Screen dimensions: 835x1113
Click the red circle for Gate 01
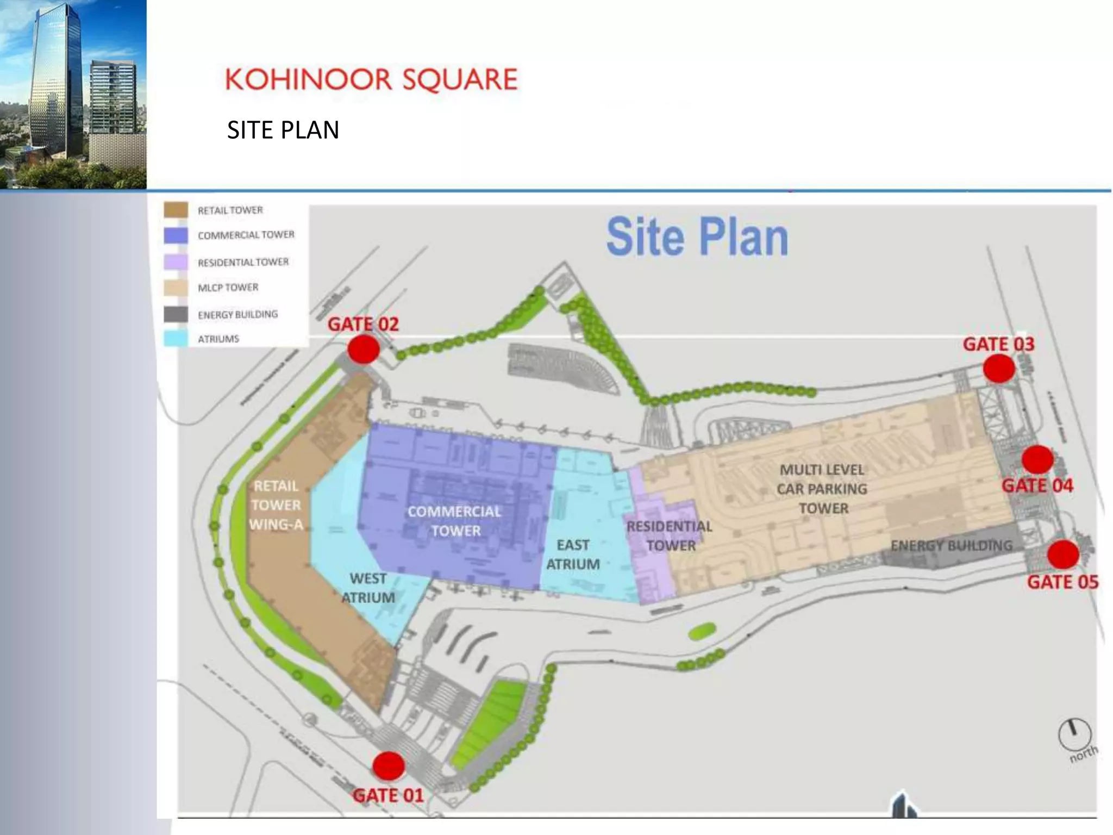[388, 766]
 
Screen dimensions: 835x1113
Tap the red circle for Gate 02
[364, 349]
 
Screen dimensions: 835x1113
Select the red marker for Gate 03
[999, 369]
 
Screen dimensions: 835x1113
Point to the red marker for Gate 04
[1037, 460]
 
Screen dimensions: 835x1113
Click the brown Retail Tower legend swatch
[176, 210]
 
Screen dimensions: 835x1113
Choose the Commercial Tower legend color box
[176, 235]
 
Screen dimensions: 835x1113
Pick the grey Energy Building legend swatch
[176, 314]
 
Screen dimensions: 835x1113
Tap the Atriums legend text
[218, 339]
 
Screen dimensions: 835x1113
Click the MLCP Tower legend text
[228, 287]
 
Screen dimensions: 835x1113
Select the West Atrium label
[368, 588]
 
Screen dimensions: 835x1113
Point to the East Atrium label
[573, 554]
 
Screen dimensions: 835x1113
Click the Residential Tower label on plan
[670, 535]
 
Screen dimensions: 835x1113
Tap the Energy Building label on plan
[952, 545]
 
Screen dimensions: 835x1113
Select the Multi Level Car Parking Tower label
[822, 489]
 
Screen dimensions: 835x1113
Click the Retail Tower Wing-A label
[276, 505]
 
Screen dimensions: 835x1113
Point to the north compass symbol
[1074, 734]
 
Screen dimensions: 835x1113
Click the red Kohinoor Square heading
[372, 79]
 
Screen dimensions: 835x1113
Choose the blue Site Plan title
[697, 236]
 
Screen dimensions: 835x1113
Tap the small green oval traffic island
[702, 632]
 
